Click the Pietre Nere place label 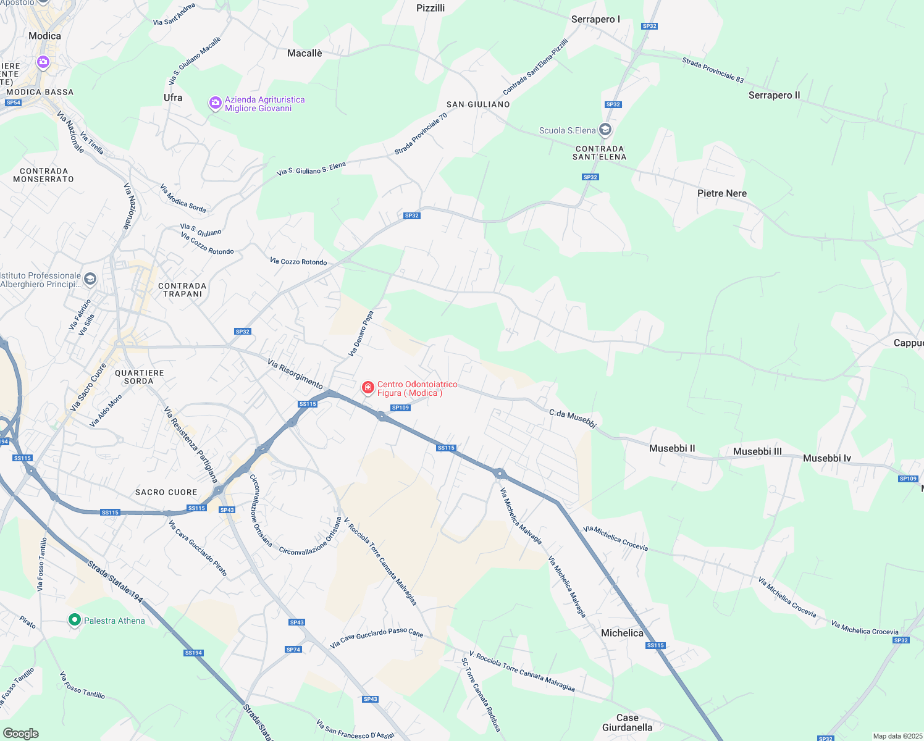721,193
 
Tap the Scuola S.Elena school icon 605,130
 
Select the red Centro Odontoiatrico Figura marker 368,388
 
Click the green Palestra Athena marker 75,619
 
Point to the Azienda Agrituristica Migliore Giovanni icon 215,103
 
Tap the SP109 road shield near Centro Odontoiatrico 400,408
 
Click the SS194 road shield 193,653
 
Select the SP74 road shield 293,650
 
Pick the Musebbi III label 757,451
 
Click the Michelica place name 622,633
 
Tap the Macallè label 304,53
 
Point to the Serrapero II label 774,95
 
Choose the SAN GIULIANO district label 478,104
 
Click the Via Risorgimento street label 295,373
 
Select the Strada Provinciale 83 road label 713,70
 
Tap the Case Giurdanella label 627,722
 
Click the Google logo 21,734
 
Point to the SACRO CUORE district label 166,492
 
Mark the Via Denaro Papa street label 361,333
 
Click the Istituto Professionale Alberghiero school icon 90,279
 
